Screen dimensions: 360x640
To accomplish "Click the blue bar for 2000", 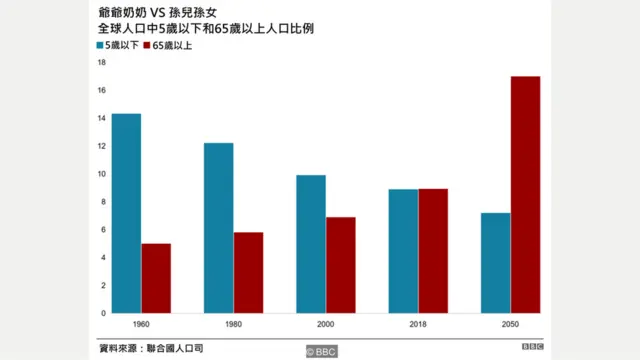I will [x=310, y=244].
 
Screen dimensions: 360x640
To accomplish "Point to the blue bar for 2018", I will [x=402, y=251].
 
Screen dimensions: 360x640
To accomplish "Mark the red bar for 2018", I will [x=432, y=251].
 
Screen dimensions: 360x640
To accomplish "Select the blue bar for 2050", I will [x=494, y=262].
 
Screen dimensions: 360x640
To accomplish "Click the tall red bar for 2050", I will [x=525, y=194].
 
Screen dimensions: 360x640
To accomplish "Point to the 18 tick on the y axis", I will [x=101, y=62].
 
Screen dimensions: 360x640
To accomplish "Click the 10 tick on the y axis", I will [x=101, y=174].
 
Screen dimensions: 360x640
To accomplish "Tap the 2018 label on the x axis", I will [x=417, y=325].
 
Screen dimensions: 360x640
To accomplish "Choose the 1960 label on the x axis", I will [x=141, y=325].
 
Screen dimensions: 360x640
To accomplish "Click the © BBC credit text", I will [x=322, y=351].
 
